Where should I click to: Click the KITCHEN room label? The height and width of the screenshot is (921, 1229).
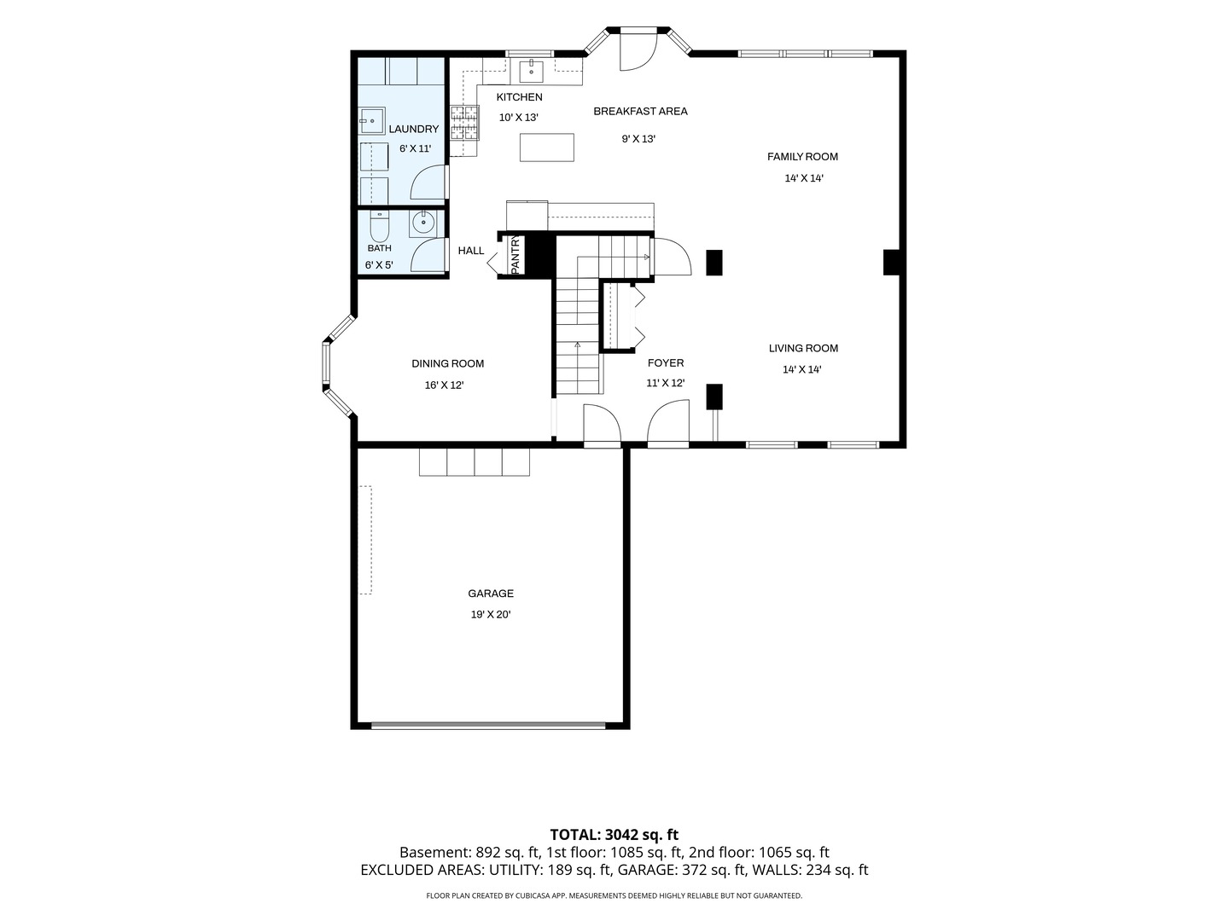click(x=519, y=97)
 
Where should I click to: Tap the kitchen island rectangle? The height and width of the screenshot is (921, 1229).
click(x=546, y=147)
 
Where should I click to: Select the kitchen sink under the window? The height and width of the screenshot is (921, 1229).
click(x=531, y=72)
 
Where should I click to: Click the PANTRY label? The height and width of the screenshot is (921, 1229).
click(x=515, y=255)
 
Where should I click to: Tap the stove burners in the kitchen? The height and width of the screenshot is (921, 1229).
click(x=465, y=123)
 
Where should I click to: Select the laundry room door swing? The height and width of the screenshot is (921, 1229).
click(x=428, y=182)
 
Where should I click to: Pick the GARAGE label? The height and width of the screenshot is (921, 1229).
click(x=491, y=594)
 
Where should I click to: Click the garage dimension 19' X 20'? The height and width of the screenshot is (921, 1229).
click(x=491, y=615)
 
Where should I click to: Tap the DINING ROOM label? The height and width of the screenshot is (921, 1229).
click(x=447, y=363)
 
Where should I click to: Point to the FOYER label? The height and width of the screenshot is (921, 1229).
click(x=665, y=363)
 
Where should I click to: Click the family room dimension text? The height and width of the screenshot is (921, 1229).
click(x=803, y=178)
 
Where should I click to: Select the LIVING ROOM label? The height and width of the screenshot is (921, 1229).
click(x=803, y=349)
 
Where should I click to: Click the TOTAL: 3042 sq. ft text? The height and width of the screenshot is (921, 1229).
click(x=614, y=834)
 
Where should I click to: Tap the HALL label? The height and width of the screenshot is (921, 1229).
click(x=471, y=251)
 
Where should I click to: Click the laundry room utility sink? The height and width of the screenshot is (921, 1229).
click(x=371, y=121)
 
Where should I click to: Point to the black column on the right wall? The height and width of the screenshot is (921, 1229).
click(x=891, y=263)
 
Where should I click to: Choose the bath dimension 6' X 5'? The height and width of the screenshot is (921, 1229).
click(x=379, y=265)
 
